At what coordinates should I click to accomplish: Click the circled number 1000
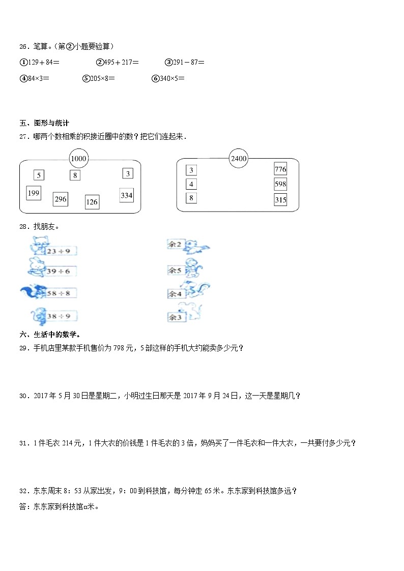click(79, 159)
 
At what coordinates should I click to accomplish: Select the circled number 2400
click(238, 158)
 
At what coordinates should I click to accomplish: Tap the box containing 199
click(34, 193)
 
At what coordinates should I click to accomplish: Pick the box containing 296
click(61, 199)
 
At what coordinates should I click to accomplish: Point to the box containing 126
click(92, 202)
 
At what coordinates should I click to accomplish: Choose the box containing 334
click(126, 195)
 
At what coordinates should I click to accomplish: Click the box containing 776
click(280, 169)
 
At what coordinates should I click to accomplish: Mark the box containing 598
click(280, 184)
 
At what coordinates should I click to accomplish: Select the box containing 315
click(280, 200)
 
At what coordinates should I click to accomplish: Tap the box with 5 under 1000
click(39, 175)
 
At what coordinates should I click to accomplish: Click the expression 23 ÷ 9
click(59, 251)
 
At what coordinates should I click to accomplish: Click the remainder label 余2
click(175, 245)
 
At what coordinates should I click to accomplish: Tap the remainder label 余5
click(175, 271)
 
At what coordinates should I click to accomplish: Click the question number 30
click(23, 396)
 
